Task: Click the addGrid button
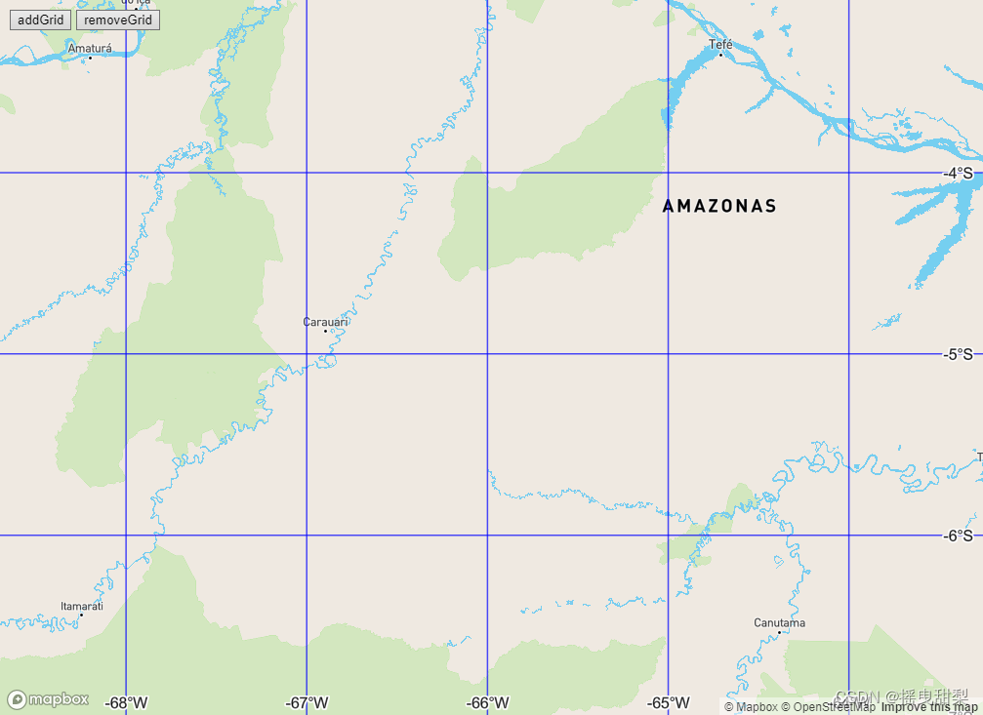40,20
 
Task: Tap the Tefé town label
720,44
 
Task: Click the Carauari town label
325,321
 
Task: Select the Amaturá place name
90,48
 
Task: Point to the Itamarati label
82,606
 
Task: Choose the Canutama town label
779,622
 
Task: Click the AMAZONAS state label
719,206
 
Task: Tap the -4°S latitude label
958,174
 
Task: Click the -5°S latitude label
958,354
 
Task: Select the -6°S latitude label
958,536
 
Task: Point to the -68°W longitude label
127,702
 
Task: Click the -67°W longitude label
307,702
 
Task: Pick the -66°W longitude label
487,702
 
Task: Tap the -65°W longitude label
668,702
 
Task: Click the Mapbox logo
49,699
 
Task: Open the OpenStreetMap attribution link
828,707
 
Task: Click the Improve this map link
929,707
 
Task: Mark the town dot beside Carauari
325,331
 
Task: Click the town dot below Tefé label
720,54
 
